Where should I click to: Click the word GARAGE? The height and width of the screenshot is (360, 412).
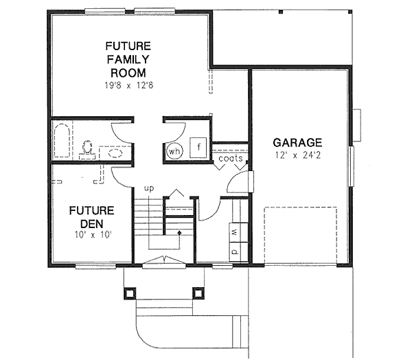point(297,142)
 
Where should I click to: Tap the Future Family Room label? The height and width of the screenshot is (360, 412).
point(128,59)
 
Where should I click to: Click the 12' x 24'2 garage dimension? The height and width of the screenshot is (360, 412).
point(297,156)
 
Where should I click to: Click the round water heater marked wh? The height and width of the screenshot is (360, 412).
point(174,150)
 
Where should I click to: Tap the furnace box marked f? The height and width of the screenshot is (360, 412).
point(198,147)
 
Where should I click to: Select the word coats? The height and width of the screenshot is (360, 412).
point(231,159)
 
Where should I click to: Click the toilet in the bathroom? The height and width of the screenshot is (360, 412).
point(87,148)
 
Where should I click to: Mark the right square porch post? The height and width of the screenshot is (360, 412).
point(198,293)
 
